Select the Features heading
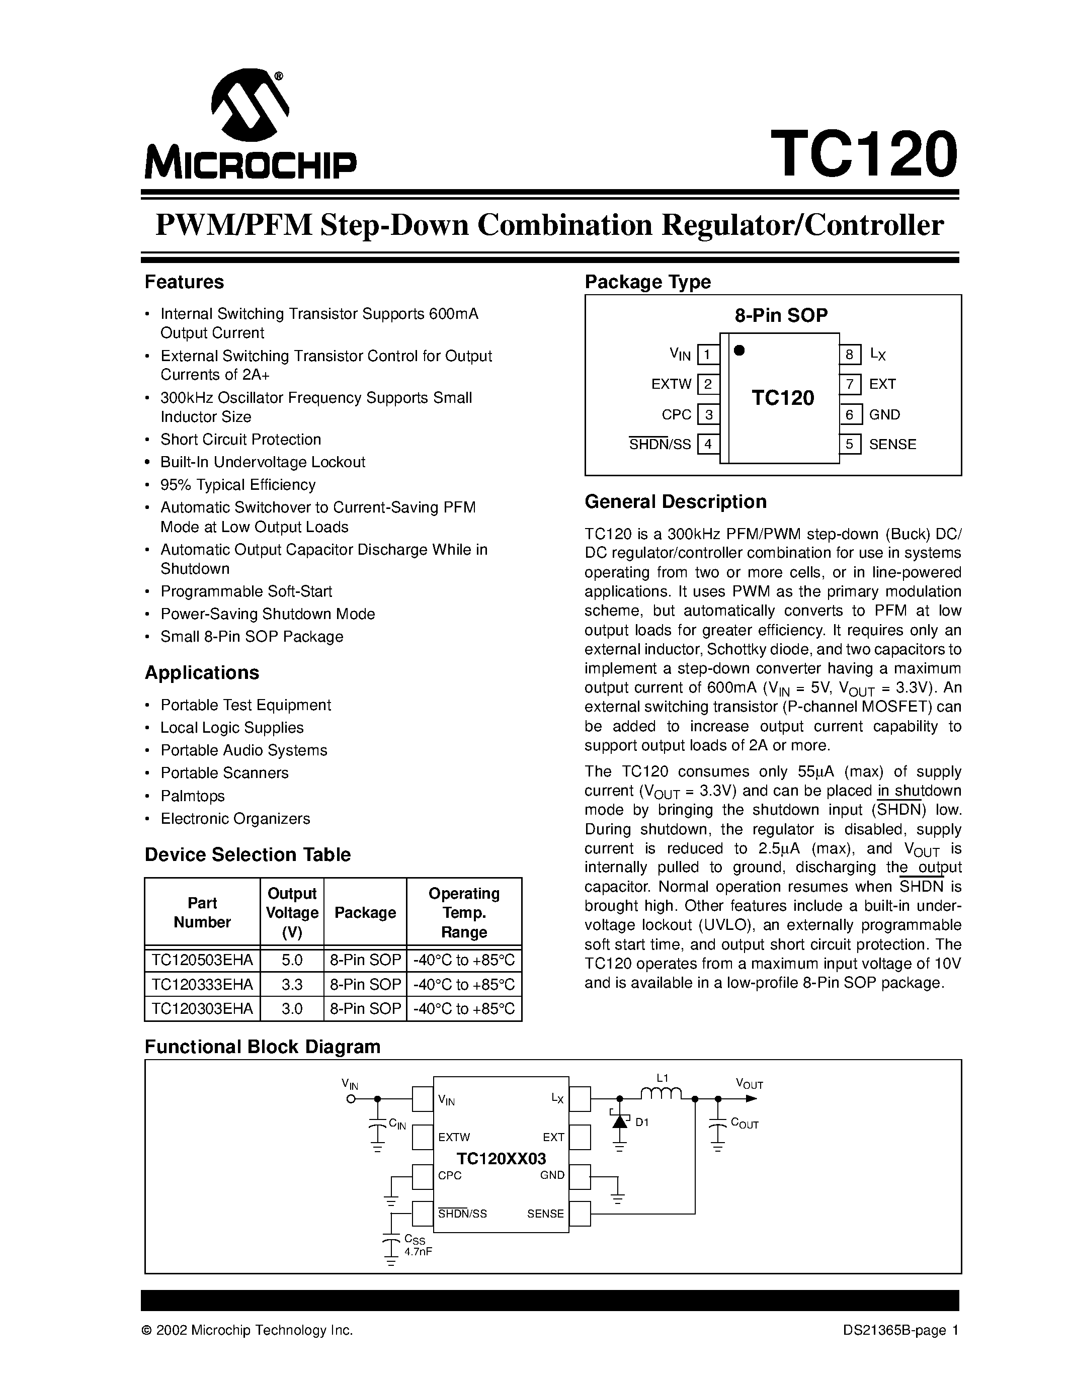(x=184, y=282)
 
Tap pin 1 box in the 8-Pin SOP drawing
(x=707, y=355)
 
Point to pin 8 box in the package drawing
(x=850, y=355)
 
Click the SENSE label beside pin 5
(x=892, y=445)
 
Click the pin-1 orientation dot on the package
(x=738, y=350)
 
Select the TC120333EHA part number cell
(x=202, y=985)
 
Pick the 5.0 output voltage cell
(x=292, y=960)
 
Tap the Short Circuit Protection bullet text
(x=240, y=440)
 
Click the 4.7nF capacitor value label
(x=418, y=1252)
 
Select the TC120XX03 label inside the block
(x=501, y=1158)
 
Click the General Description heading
(x=675, y=501)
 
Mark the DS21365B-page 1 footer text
(x=900, y=1330)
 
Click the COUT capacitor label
(x=744, y=1123)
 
